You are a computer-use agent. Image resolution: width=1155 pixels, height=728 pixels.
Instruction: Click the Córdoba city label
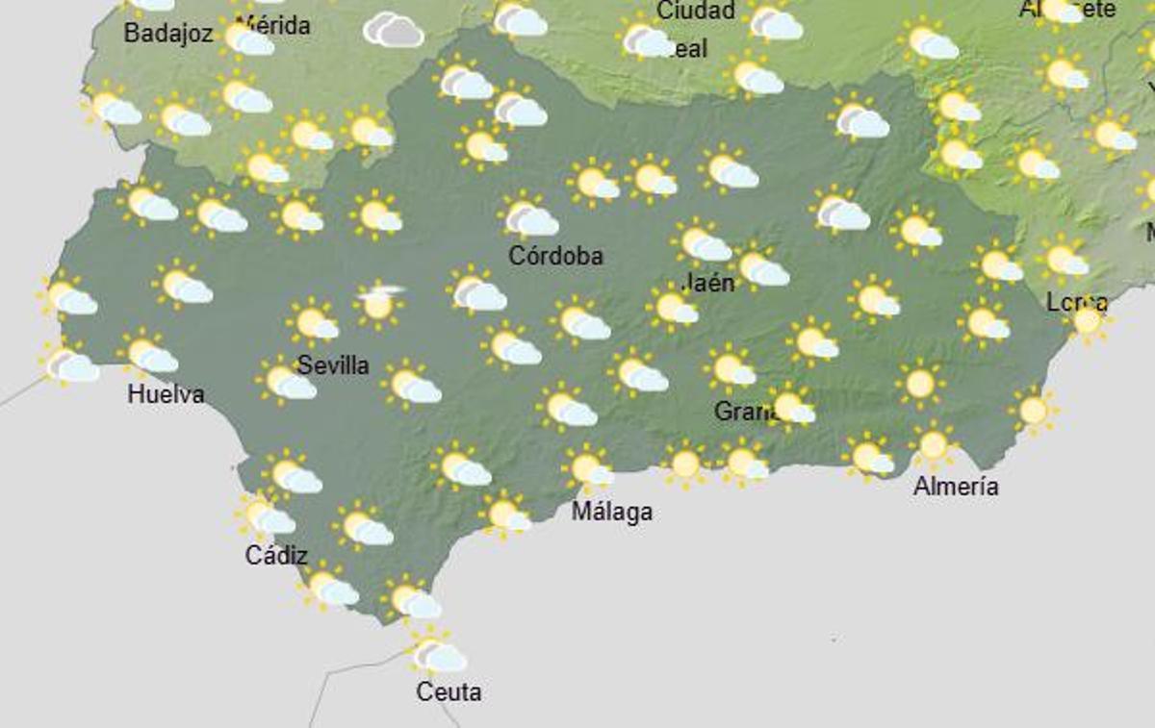tap(555, 256)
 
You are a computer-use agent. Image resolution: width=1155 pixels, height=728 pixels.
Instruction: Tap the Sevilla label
tap(333, 365)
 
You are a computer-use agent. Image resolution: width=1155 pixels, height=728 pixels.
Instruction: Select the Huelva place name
tap(166, 394)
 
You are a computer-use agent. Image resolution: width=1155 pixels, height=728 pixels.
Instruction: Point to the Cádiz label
tap(276, 556)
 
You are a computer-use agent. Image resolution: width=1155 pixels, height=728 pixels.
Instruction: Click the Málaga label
tap(612, 513)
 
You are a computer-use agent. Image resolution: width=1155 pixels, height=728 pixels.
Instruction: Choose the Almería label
tap(956, 487)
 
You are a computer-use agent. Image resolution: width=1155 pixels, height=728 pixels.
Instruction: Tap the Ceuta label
tap(449, 691)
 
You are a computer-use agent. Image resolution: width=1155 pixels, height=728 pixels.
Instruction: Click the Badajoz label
tap(167, 34)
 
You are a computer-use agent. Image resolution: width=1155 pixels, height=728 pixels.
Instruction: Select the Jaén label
tap(708, 283)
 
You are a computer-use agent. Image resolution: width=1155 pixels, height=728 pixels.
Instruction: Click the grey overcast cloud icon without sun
tap(393, 30)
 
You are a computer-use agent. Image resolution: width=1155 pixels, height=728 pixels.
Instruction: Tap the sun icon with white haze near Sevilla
tap(378, 302)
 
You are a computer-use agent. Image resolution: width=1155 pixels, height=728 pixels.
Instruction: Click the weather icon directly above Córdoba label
tap(529, 216)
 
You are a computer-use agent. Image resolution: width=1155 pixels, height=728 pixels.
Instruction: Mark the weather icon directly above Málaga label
tap(588, 469)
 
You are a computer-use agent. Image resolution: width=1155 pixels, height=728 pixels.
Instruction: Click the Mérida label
tap(273, 25)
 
